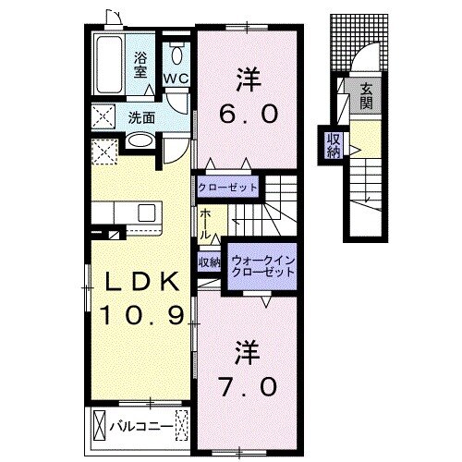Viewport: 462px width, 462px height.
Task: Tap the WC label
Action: point(176,79)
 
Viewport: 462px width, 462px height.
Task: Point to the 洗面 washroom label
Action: point(141,117)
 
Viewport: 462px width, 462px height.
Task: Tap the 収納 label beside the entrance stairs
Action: point(333,146)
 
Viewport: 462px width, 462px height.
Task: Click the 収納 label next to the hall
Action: point(210,262)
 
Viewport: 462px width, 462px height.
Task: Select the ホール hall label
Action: point(204,221)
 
